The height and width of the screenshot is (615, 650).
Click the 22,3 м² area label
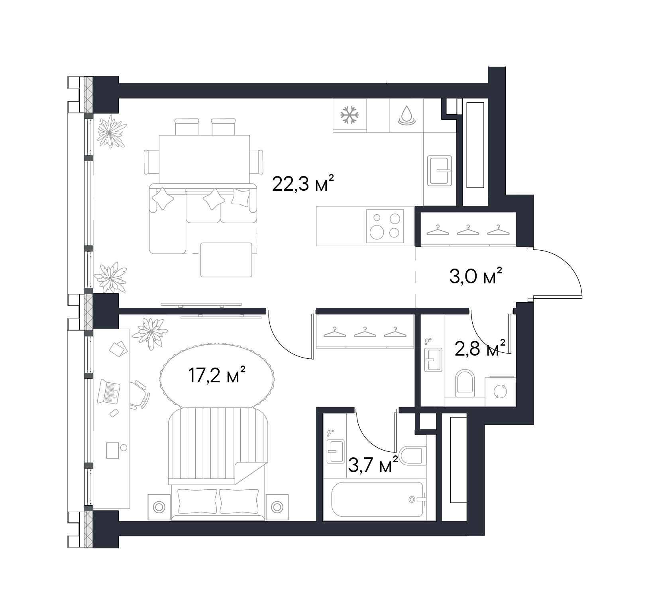[302, 184]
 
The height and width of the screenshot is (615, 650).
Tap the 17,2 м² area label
[216, 376]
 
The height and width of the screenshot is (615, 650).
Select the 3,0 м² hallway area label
[475, 276]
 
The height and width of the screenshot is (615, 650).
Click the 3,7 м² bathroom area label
[373, 465]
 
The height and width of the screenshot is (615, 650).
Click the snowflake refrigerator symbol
[350, 115]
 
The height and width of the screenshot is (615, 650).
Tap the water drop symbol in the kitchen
[406, 115]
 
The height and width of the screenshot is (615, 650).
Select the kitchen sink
[440, 170]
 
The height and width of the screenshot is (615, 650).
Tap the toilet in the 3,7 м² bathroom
[410, 455]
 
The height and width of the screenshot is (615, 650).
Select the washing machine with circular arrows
[500, 392]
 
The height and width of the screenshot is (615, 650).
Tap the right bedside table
[277, 507]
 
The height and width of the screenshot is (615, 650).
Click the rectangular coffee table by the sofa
[226, 259]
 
